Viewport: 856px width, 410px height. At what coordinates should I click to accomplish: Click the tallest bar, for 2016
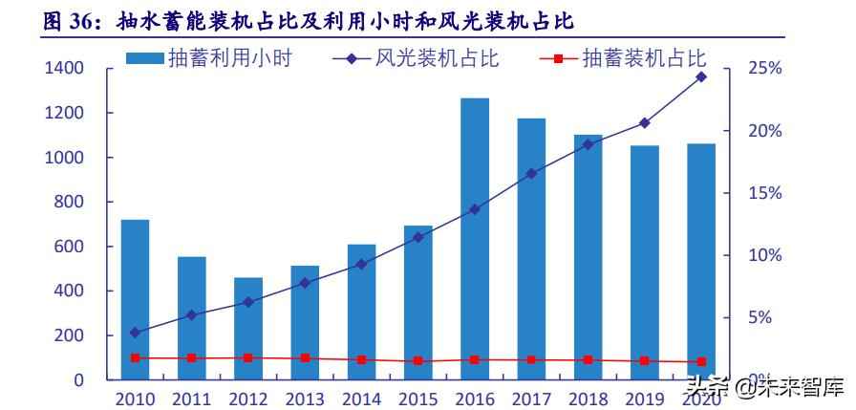pos(475,239)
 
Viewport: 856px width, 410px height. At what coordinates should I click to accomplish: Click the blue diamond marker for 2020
pos(701,76)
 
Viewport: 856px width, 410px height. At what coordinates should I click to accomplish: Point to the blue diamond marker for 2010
pos(135,333)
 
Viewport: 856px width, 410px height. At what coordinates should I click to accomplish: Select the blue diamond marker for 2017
pos(531,174)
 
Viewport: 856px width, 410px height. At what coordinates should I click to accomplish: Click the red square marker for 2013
pos(305,358)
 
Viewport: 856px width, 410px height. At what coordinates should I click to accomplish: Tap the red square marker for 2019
pos(645,361)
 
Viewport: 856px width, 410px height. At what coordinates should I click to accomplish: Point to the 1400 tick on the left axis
pos(64,69)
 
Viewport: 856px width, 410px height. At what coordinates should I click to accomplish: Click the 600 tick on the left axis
pos(71,247)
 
